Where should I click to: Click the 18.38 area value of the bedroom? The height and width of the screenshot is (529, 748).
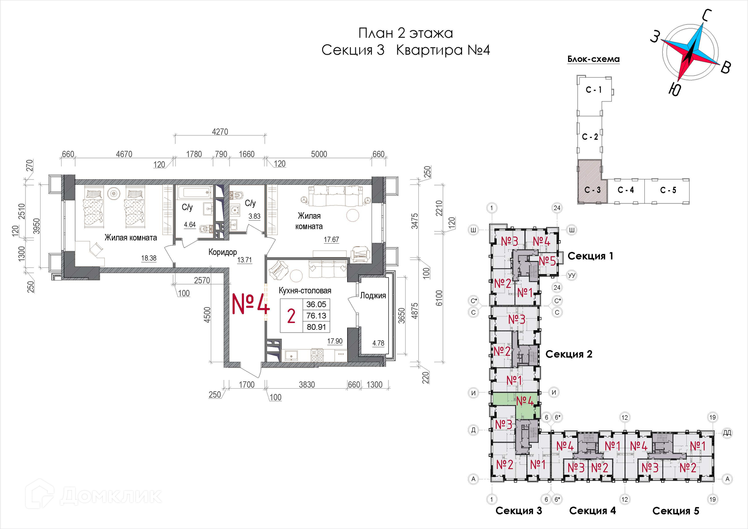point(149,258)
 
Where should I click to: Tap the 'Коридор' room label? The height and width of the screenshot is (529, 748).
point(222,252)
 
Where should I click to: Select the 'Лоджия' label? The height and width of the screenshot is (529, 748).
point(373,295)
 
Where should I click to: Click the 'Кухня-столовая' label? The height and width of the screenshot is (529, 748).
point(305,290)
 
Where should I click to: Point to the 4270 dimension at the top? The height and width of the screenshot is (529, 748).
point(220,132)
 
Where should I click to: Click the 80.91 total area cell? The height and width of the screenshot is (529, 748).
point(316,327)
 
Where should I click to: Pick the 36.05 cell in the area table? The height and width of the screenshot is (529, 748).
point(316,304)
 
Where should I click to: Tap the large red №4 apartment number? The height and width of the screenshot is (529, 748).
point(251,304)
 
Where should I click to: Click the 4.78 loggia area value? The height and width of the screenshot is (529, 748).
point(378,343)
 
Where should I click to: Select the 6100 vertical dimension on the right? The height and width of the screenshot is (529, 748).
point(439,298)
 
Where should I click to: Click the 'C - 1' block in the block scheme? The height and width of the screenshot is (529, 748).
point(594,90)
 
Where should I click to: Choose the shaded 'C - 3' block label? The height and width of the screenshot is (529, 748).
point(593,190)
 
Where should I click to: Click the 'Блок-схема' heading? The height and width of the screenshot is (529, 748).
point(593,59)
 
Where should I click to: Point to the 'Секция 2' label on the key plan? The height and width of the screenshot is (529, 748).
point(569,354)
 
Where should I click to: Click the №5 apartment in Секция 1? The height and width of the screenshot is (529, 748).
point(547,261)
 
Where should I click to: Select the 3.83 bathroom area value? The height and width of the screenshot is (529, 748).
point(254,216)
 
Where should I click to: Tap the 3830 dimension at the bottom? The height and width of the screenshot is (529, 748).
point(307,385)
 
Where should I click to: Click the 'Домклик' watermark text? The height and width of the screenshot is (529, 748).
point(111,496)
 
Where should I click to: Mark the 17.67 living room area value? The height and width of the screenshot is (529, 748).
point(332,240)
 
